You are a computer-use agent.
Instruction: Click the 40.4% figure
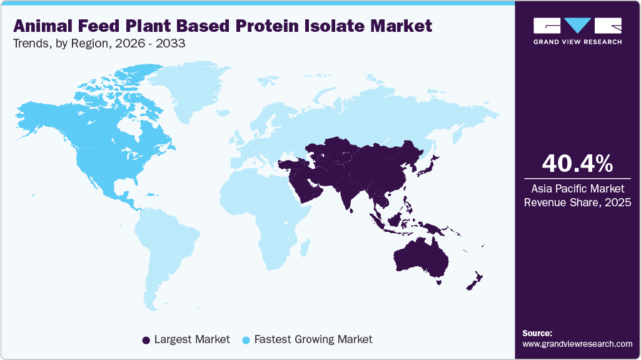(x=577, y=164)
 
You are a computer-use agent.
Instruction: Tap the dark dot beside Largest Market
(x=146, y=340)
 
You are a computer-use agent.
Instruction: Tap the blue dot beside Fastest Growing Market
(x=246, y=340)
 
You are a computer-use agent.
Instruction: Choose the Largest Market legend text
(x=192, y=339)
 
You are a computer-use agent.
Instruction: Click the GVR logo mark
(x=577, y=26)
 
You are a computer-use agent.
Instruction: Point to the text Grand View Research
(x=577, y=42)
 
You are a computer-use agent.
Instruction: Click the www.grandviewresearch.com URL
(x=577, y=344)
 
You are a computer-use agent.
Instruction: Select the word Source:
(x=537, y=333)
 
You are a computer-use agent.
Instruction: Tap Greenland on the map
(x=188, y=91)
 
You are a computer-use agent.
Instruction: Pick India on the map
(x=347, y=194)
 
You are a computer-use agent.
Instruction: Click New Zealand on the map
(x=473, y=281)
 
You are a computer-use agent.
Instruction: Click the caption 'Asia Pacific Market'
(x=577, y=187)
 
